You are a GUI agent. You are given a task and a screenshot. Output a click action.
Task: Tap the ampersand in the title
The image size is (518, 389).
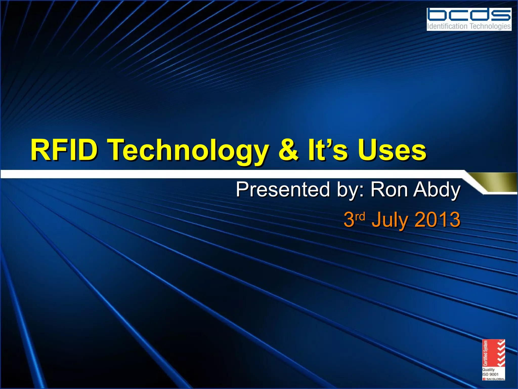click(x=289, y=150)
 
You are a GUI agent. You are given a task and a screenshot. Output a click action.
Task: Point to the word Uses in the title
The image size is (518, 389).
click(x=392, y=150)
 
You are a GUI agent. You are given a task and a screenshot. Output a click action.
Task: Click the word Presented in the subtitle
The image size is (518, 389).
click(x=283, y=189)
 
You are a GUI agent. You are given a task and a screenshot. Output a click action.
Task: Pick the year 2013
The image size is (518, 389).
click(x=437, y=219)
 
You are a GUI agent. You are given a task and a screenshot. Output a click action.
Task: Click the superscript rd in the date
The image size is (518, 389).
click(x=360, y=217)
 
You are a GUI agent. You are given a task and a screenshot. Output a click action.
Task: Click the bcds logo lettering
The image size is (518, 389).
click(x=469, y=15)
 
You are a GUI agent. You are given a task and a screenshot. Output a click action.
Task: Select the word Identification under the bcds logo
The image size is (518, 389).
click(x=447, y=26)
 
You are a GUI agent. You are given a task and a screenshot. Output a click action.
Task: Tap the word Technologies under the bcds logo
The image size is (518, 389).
click(x=490, y=26)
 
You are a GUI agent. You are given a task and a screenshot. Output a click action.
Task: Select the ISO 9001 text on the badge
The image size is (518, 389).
click(x=490, y=374)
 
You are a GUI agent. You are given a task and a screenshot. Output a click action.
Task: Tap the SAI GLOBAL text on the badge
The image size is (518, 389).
click(x=495, y=379)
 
